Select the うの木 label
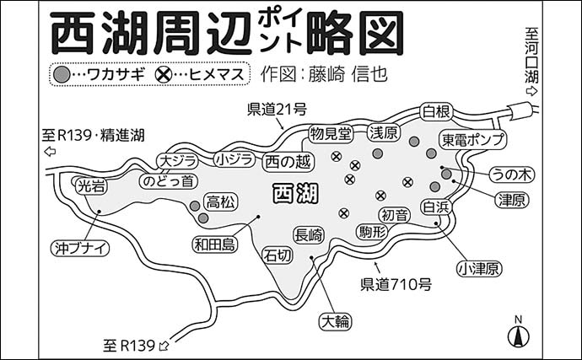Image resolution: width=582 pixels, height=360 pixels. [513, 175]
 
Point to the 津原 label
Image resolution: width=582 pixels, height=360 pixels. [512, 201]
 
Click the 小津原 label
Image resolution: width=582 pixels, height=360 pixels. [479, 269]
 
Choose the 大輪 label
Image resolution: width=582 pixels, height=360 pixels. [336, 320]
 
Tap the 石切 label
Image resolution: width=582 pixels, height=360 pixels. [278, 254]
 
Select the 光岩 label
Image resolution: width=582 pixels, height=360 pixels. [90, 187]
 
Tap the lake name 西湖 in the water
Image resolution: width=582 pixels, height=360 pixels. [295, 194]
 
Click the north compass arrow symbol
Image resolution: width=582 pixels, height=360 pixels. [519, 334]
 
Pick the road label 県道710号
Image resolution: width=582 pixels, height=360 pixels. [396, 283]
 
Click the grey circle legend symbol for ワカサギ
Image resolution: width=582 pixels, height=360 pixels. [62, 74]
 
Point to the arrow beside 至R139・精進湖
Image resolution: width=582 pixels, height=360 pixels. [50, 152]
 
